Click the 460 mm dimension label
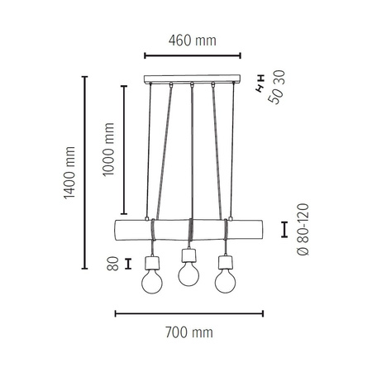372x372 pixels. click(192, 39)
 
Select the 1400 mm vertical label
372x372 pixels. click(69, 174)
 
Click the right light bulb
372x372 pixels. click(223, 281)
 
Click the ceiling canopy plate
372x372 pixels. click(192, 81)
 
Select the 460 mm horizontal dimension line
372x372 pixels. click(192, 56)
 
